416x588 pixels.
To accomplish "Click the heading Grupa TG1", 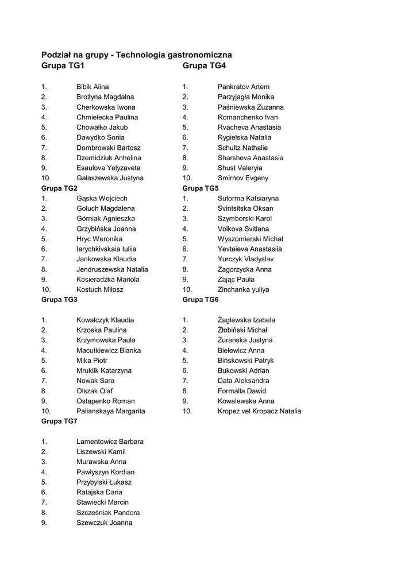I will pyautogui.click(x=63, y=66).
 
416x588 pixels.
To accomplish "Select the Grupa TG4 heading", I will pyautogui.click(x=204, y=66).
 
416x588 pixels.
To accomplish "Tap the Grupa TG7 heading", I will pyautogui.click(x=59, y=421).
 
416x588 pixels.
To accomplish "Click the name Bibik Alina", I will pyautogui.click(x=93, y=87).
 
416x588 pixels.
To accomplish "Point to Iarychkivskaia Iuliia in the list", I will pyautogui.click(x=106, y=249).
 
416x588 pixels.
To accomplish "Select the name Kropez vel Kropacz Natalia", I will pyautogui.click(x=259, y=411).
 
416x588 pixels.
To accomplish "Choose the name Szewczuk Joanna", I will pyautogui.click(x=104, y=523).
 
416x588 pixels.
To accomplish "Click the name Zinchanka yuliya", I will pyautogui.click(x=243, y=289).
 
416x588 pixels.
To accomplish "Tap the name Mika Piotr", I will pyautogui.click(x=92, y=361).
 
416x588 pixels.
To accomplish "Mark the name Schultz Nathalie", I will pyautogui.click(x=242, y=148).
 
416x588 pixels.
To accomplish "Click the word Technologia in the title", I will pyautogui.click(x=140, y=55).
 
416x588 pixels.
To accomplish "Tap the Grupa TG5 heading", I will pyautogui.click(x=201, y=188).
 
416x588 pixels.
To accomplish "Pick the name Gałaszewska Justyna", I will pyautogui.click(x=110, y=178).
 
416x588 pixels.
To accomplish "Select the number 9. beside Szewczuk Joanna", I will pyautogui.click(x=44, y=523).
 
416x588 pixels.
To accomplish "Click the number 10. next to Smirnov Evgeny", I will pyautogui.click(x=187, y=178).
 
